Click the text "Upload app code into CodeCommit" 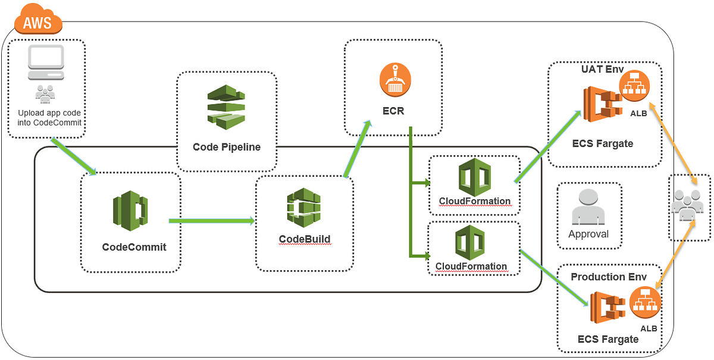coord(49,117)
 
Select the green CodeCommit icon coord(130,211)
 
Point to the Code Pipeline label coord(226,146)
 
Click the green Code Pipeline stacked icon coord(226,107)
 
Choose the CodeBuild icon coord(304,208)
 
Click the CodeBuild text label coord(304,240)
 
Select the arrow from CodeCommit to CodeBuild coord(212,221)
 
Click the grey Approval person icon coord(588,208)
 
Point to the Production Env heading coord(609,277)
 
